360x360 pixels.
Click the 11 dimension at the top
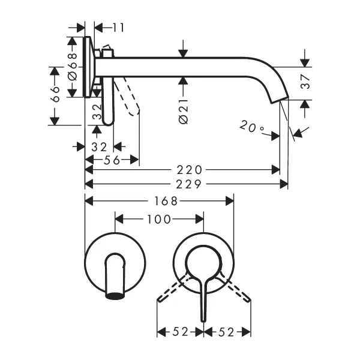coord(118,28)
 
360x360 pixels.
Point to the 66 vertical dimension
coord(55,95)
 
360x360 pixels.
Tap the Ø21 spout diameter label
coord(184,111)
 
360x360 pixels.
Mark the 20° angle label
coord(251,127)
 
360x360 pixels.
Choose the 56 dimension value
coord(112,160)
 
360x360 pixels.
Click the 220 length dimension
coord(190,170)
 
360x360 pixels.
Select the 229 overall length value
coord(190,184)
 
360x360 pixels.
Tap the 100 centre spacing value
coord(158,220)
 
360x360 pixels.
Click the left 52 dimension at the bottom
coord(181,331)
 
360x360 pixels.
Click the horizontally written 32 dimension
coord(99,146)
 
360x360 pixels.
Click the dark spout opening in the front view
coord(115,295)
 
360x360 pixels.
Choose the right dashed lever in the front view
coord(235,288)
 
